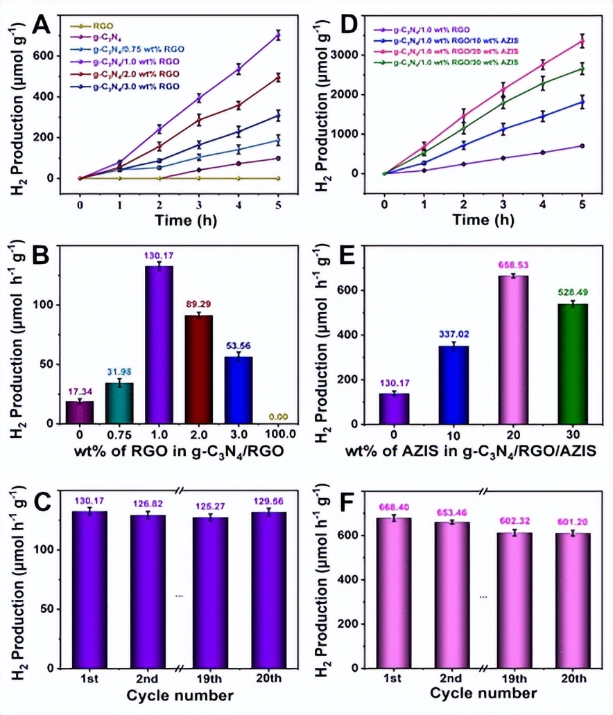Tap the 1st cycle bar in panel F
pos(392,592)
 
